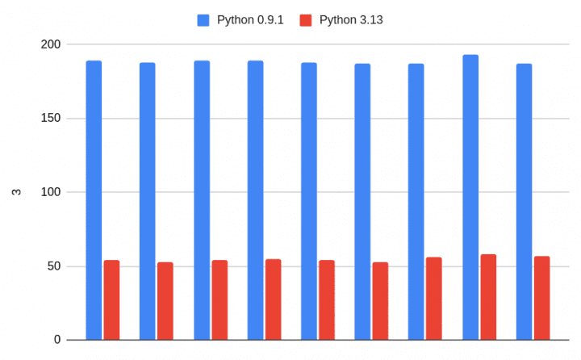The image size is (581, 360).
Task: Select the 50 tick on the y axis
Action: (x=52, y=266)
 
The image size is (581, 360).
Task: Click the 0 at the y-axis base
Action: (x=56, y=340)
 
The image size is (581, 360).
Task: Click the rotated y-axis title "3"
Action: (x=15, y=192)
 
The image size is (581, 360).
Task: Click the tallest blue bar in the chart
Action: (x=470, y=198)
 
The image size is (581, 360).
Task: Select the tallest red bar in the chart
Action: (x=488, y=297)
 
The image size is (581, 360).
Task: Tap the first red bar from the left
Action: (x=111, y=300)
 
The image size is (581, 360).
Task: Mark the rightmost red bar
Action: (x=541, y=298)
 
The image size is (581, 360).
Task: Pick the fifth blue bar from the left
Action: (x=309, y=201)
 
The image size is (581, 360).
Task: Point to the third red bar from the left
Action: (x=219, y=300)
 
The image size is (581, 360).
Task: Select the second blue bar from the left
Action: (x=147, y=201)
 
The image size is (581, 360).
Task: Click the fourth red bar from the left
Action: (x=273, y=299)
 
